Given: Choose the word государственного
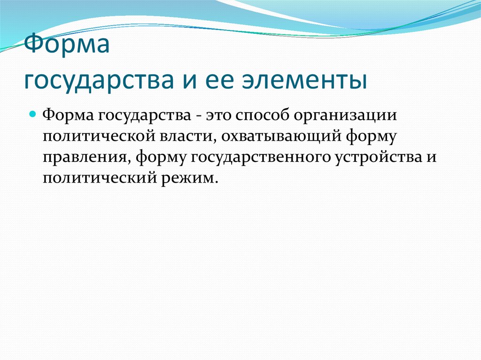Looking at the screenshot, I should [254, 157].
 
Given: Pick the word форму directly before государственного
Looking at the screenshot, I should [161, 157].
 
